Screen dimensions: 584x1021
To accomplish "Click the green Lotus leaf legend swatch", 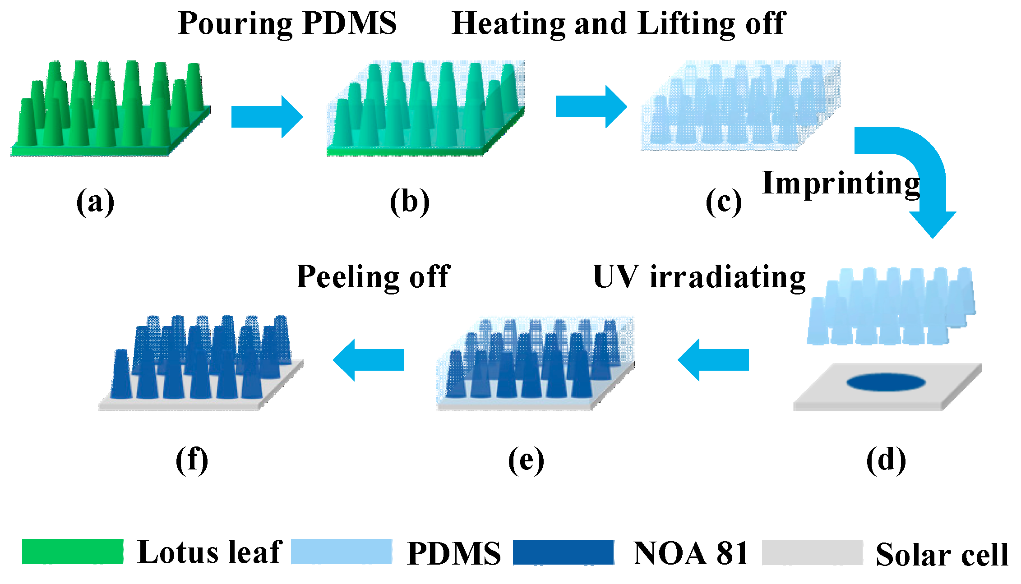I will click(72, 552).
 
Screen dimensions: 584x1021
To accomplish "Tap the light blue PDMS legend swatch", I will click(341, 552).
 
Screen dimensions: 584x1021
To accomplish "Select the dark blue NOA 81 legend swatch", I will click(563, 552).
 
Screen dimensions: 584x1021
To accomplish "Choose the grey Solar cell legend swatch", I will click(812, 552).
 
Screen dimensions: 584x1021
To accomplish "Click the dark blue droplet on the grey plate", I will click(886, 382).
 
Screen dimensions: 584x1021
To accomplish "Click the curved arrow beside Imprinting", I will click(920, 171).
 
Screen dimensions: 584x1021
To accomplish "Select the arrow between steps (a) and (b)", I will click(266, 116).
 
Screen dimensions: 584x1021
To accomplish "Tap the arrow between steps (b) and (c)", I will click(590, 106).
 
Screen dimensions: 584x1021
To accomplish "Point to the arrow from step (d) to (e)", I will click(713, 360).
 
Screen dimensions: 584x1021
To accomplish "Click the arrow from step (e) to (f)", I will click(368, 360).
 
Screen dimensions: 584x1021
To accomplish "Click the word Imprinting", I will click(841, 184).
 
